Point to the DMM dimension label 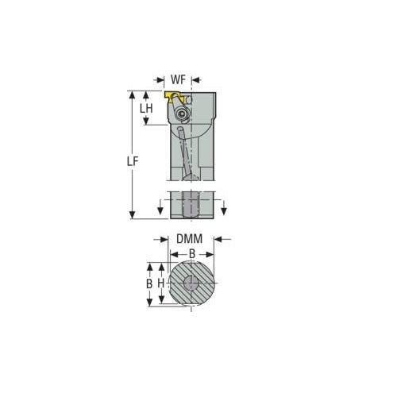[x=189, y=238]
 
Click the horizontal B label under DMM [x=191, y=254]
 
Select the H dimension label [x=160, y=283]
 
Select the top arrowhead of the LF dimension [x=133, y=93]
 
